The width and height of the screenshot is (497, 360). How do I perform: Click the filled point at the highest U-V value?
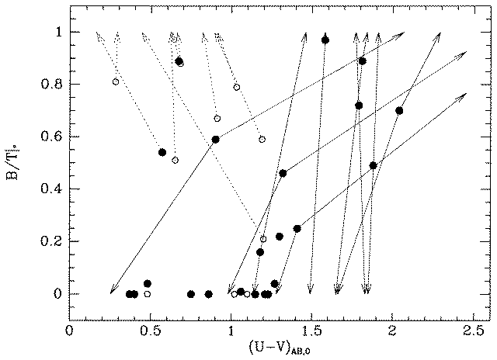tap(399, 110)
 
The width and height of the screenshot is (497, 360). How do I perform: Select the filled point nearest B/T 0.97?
tap(325, 40)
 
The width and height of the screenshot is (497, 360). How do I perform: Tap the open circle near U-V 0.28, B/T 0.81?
tap(116, 81)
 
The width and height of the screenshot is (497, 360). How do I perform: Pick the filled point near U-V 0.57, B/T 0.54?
tap(162, 152)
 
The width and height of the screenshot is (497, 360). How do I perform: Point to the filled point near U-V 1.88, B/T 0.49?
tap(374, 165)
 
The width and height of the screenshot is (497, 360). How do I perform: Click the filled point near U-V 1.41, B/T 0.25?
tap(297, 228)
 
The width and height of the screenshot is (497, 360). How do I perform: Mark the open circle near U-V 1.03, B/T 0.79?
tap(236, 87)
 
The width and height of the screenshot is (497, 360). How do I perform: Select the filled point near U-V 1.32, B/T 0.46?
tap(283, 173)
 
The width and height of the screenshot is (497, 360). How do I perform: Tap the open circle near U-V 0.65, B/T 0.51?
tap(175, 160)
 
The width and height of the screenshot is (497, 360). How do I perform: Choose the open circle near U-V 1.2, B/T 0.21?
tap(263, 239)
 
